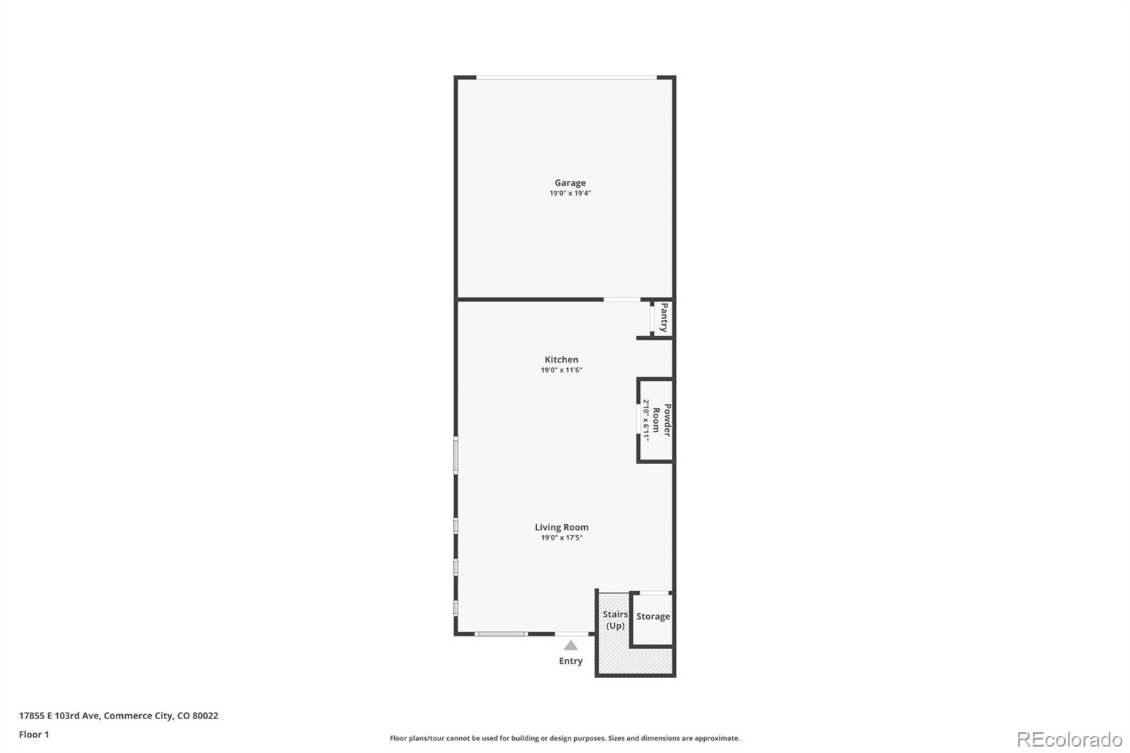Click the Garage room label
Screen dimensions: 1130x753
pyautogui.click(x=570, y=183)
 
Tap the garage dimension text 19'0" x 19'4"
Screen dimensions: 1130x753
pyautogui.click(x=570, y=194)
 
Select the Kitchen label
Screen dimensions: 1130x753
pyautogui.click(x=561, y=360)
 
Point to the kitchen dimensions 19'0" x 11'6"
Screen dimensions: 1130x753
pyautogui.click(x=561, y=370)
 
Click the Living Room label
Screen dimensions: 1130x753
pyautogui.click(x=561, y=527)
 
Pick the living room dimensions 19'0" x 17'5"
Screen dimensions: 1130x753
pyautogui.click(x=561, y=538)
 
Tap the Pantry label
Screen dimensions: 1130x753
pyautogui.click(x=664, y=317)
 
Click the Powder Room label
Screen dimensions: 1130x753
pyautogui.click(x=661, y=420)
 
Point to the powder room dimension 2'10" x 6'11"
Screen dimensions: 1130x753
pyautogui.click(x=646, y=420)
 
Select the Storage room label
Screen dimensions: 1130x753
pyautogui.click(x=653, y=616)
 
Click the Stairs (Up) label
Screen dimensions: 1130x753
pyautogui.click(x=615, y=619)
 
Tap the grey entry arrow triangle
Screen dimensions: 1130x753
pyautogui.click(x=571, y=645)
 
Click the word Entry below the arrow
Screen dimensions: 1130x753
pyautogui.click(x=571, y=660)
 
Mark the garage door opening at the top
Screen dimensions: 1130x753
pyautogui.click(x=566, y=77)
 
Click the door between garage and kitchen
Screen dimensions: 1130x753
pyautogui.click(x=622, y=300)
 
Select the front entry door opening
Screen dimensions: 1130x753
pyautogui.click(x=571, y=634)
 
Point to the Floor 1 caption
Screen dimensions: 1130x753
pyautogui.click(x=34, y=735)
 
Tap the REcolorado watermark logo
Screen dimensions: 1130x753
pyautogui.click(x=1069, y=740)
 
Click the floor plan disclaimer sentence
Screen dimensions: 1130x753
pyautogui.click(x=564, y=738)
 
